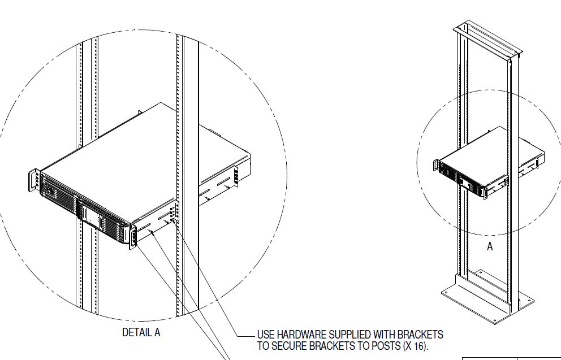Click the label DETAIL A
(141, 333)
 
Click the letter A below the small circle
(490, 246)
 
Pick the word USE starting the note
(266, 335)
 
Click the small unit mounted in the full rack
(486, 164)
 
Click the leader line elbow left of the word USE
(237, 335)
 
